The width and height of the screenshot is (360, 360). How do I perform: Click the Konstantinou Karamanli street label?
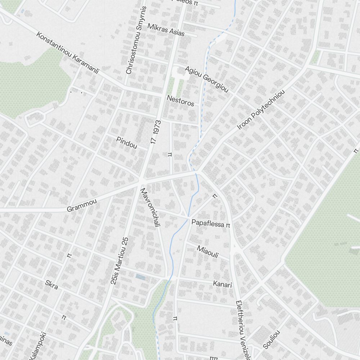coord(68,53)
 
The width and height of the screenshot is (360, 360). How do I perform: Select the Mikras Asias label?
coord(166,30)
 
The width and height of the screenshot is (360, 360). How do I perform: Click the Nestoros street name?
coord(180,101)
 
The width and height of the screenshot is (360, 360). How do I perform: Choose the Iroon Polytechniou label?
coord(261,110)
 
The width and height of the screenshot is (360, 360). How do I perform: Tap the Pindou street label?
coord(127,143)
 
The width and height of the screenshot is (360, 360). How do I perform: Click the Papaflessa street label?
coord(208,223)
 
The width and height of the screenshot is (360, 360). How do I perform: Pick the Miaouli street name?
coord(208,251)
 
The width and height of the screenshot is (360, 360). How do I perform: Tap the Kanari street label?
coord(222,284)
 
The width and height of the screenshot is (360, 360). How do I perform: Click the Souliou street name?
coord(271,339)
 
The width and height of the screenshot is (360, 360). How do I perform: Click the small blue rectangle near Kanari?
coord(140,277)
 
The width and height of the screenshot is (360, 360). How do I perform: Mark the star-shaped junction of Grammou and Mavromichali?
coord(141,180)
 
